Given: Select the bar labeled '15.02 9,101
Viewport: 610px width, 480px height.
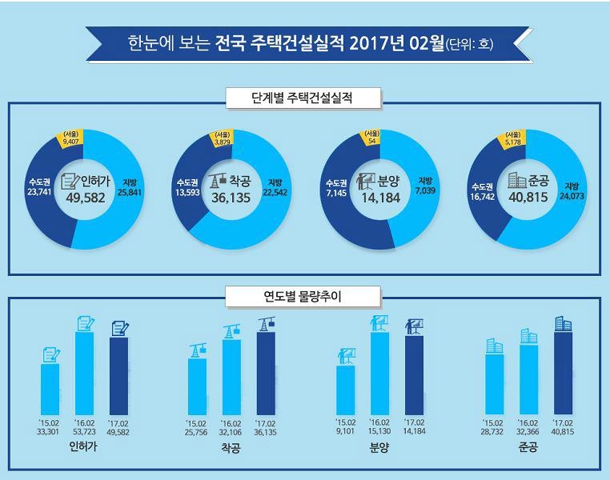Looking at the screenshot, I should click(x=346, y=391).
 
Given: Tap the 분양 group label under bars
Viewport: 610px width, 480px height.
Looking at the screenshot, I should click(x=379, y=448).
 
